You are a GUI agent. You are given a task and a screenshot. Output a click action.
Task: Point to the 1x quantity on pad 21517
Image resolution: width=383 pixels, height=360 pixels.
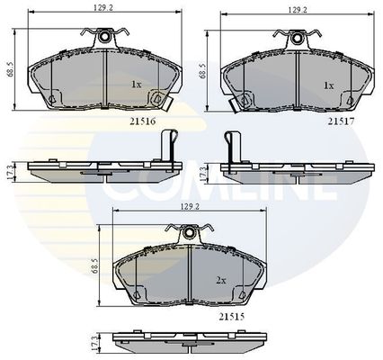click(329, 85)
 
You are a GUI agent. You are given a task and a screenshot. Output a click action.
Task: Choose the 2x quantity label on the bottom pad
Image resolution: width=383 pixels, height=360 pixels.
click(221, 280)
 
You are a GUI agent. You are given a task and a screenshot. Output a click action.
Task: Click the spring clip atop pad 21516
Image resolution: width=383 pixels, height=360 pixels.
click(105, 37)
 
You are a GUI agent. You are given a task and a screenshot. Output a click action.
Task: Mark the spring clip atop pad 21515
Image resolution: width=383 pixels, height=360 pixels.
click(190, 233)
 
